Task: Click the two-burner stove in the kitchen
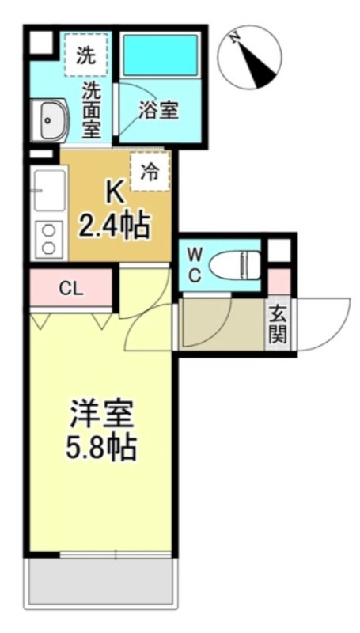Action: click(x=48, y=238)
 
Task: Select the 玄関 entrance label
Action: click(x=278, y=324)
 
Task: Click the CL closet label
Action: click(x=71, y=289)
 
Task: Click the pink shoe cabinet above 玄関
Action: click(x=279, y=281)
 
